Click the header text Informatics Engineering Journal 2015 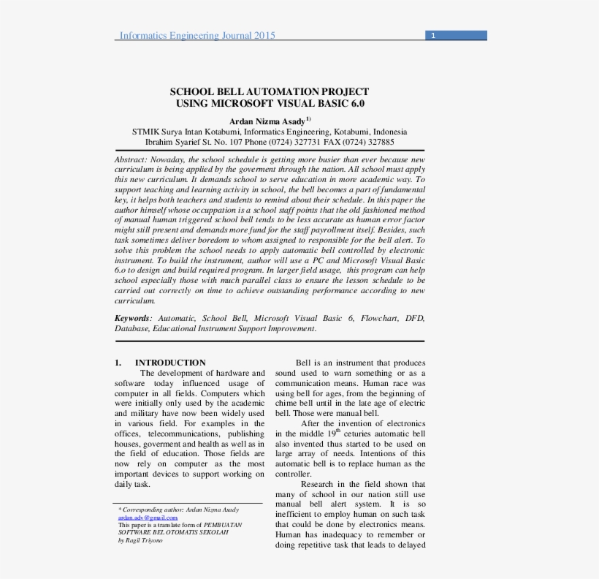[197, 35]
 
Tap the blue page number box [457, 35]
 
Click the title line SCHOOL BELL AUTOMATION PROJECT [270, 91]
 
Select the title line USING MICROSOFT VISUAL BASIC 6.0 [270, 104]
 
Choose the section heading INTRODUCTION [170, 363]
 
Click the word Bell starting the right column [303, 363]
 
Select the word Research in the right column [316, 484]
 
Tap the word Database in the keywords [131, 329]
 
